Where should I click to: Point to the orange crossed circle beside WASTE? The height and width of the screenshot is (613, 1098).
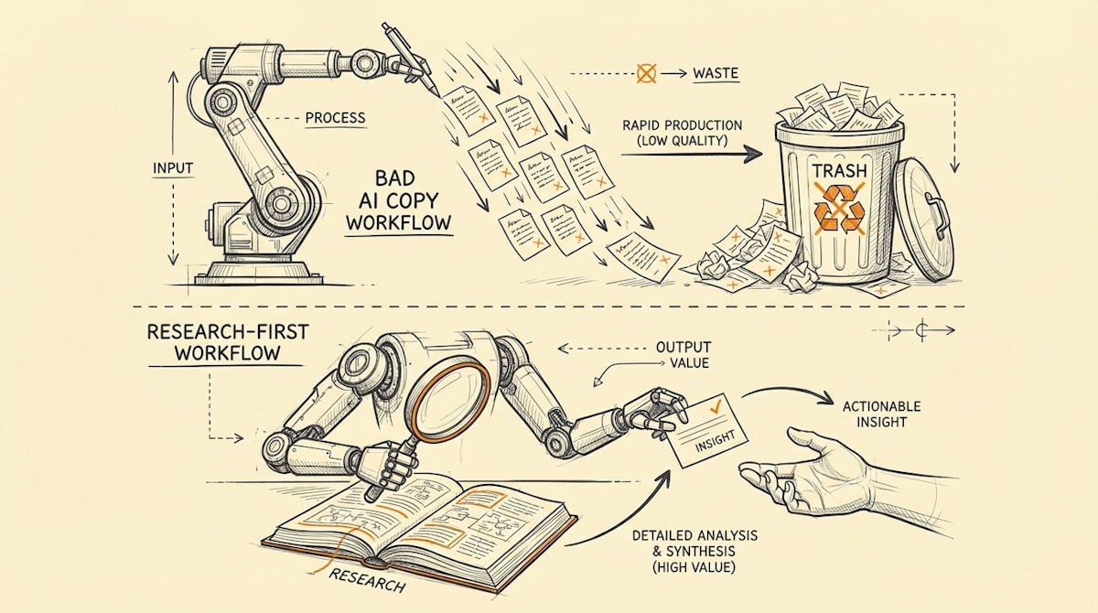point(646,72)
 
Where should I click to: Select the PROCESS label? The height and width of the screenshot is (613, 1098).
point(335,118)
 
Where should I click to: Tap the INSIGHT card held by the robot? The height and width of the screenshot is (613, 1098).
point(704,429)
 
